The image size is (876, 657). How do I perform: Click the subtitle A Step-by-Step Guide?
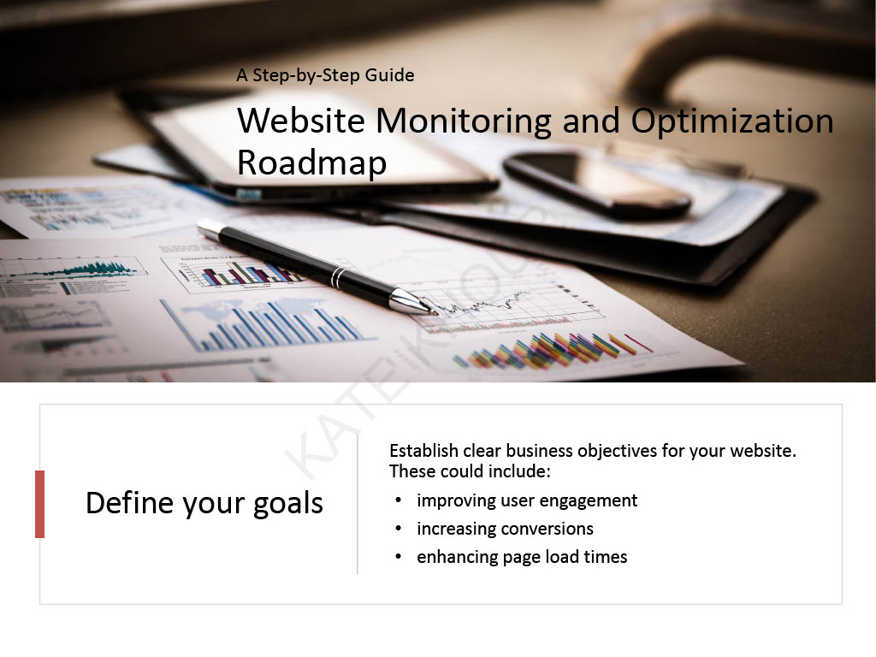325,75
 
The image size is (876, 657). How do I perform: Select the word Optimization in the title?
731,122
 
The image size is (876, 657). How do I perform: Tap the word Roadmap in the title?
311,163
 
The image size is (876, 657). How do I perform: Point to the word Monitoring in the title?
464,122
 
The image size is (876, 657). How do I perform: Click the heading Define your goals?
204,503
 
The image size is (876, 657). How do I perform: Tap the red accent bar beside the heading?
39,504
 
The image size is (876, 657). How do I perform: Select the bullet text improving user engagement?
527,500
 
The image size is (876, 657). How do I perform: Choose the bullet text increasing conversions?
505,529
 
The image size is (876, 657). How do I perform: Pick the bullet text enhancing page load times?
522,557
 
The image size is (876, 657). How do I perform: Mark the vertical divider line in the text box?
358,505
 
